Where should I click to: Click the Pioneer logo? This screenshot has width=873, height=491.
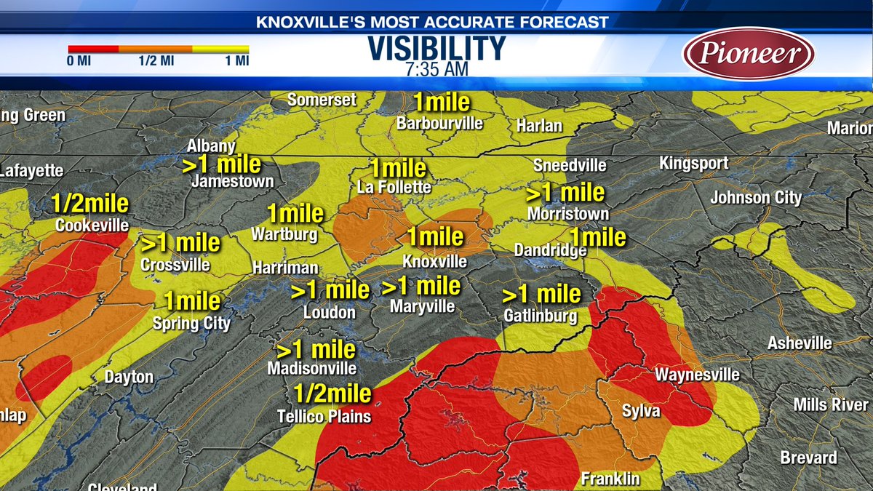coord(749,53)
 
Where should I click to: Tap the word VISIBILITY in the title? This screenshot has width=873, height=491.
coord(436,49)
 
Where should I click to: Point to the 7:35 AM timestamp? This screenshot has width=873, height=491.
coord(436,69)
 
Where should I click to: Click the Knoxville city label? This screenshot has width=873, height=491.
coord(435,260)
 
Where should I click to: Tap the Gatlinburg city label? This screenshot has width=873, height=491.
coord(541,316)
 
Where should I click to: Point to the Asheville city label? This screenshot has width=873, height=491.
coord(800,343)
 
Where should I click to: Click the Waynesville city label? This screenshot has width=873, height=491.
coord(697,375)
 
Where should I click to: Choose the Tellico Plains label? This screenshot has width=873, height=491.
coord(324,416)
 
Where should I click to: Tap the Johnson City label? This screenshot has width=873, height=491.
coord(756,198)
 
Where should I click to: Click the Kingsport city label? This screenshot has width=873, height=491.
coord(693,163)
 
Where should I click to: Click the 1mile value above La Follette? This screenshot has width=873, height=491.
coord(397,169)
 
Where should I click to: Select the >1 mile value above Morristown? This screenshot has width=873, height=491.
coord(565,193)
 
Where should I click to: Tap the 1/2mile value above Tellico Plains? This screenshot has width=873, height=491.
coord(332,394)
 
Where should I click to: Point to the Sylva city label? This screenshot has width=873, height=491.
coord(641,411)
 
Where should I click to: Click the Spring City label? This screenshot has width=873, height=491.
coord(191,323)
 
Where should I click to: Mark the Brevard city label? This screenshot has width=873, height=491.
coord(808,458)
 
